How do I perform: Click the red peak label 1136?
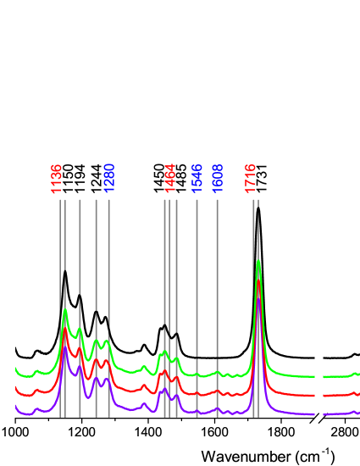tap(57, 178)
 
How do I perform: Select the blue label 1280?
tap(109, 178)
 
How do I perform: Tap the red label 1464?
tap(170, 178)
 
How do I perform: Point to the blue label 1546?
tap(197, 178)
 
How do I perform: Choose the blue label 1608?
tap(218, 178)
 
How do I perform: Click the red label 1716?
tap(251, 178)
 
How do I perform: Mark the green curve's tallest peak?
tap(258, 261)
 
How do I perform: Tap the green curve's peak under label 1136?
tap(65, 310)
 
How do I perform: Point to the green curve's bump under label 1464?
tap(163, 352)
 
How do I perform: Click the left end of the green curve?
tap(16, 369)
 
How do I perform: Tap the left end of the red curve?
tap(16, 387)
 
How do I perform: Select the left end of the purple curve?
tap(16, 407)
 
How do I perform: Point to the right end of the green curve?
tap(358, 374)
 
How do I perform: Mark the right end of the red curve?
tap(358, 393)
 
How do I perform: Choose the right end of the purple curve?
tap(358, 413)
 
